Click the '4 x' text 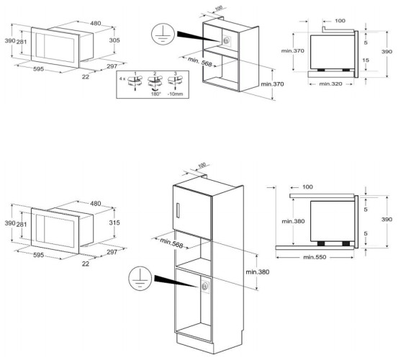pos(122,76)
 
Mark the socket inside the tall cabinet pos(205,287)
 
